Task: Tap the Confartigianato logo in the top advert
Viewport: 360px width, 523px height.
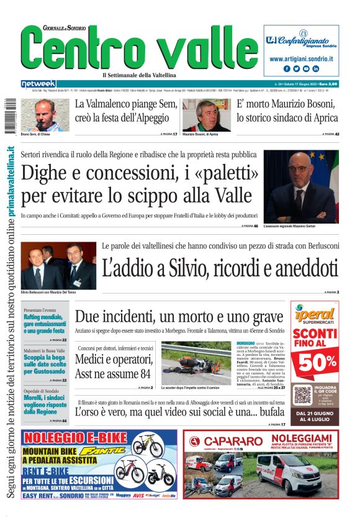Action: [x=301, y=41]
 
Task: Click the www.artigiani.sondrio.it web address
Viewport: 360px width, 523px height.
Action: [x=301, y=58]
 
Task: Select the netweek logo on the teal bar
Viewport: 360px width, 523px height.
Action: [x=38, y=83]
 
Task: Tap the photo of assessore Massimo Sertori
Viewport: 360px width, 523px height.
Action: [x=301, y=186]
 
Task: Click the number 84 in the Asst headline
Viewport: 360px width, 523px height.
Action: [x=140, y=374]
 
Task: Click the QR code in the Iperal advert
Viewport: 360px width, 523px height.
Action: [x=302, y=395]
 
